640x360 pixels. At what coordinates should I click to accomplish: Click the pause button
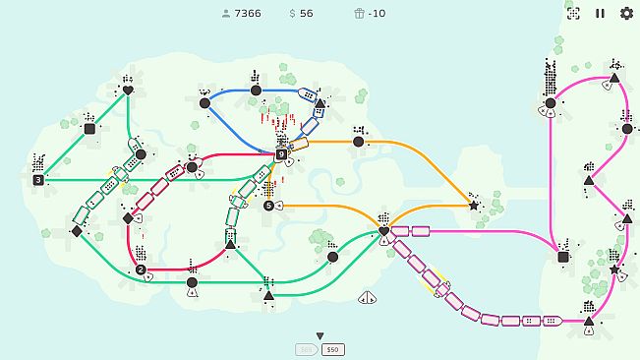click(x=601, y=14)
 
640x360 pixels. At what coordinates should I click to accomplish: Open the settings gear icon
click(x=626, y=14)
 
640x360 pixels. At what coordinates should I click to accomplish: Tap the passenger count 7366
click(x=247, y=14)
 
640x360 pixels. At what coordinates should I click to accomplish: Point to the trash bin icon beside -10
click(x=359, y=14)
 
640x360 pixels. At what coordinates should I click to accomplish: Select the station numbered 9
click(x=281, y=154)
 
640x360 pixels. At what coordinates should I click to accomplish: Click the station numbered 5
click(x=268, y=206)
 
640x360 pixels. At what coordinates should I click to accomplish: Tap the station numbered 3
click(x=38, y=180)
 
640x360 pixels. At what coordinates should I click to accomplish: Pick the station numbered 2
click(x=141, y=270)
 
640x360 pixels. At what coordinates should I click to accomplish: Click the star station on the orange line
click(x=474, y=207)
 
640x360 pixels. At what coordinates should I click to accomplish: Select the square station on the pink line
click(x=563, y=258)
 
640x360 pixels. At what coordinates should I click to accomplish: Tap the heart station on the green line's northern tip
click(x=128, y=90)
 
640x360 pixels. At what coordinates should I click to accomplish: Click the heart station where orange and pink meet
click(x=383, y=231)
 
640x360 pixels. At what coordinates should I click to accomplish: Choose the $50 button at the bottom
click(x=332, y=349)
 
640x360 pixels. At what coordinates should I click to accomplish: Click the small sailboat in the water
click(x=369, y=297)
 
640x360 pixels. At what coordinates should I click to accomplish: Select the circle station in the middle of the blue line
click(x=256, y=90)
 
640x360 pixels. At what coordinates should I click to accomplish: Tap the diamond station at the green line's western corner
click(x=77, y=231)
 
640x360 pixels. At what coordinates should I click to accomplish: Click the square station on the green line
click(x=89, y=129)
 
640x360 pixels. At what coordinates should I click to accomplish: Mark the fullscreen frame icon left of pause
click(x=574, y=14)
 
